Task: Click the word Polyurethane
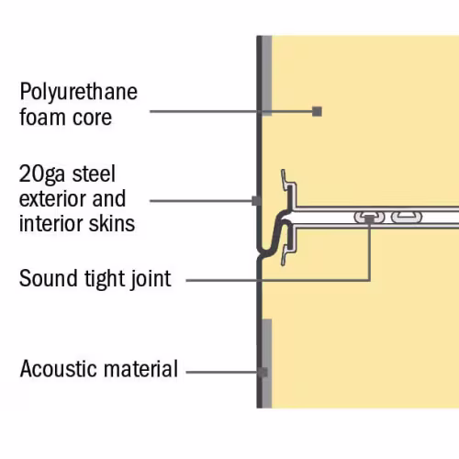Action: (79, 92)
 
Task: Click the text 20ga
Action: (42, 174)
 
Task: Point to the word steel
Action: (94, 174)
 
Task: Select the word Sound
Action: (48, 278)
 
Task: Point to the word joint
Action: (151, 279)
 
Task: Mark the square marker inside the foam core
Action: (317, 111)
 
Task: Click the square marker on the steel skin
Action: (256, 201)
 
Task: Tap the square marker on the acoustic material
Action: (263, 373)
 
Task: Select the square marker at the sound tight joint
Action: (369, 218)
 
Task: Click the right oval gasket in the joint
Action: (407, 218)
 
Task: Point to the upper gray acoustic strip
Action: (267, 75)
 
